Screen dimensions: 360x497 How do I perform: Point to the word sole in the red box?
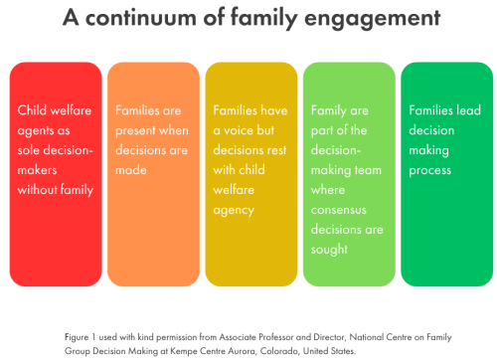pos(31,150)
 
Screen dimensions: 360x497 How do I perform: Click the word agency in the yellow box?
pos(234,211)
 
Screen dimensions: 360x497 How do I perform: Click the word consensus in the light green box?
pos(340,211)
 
